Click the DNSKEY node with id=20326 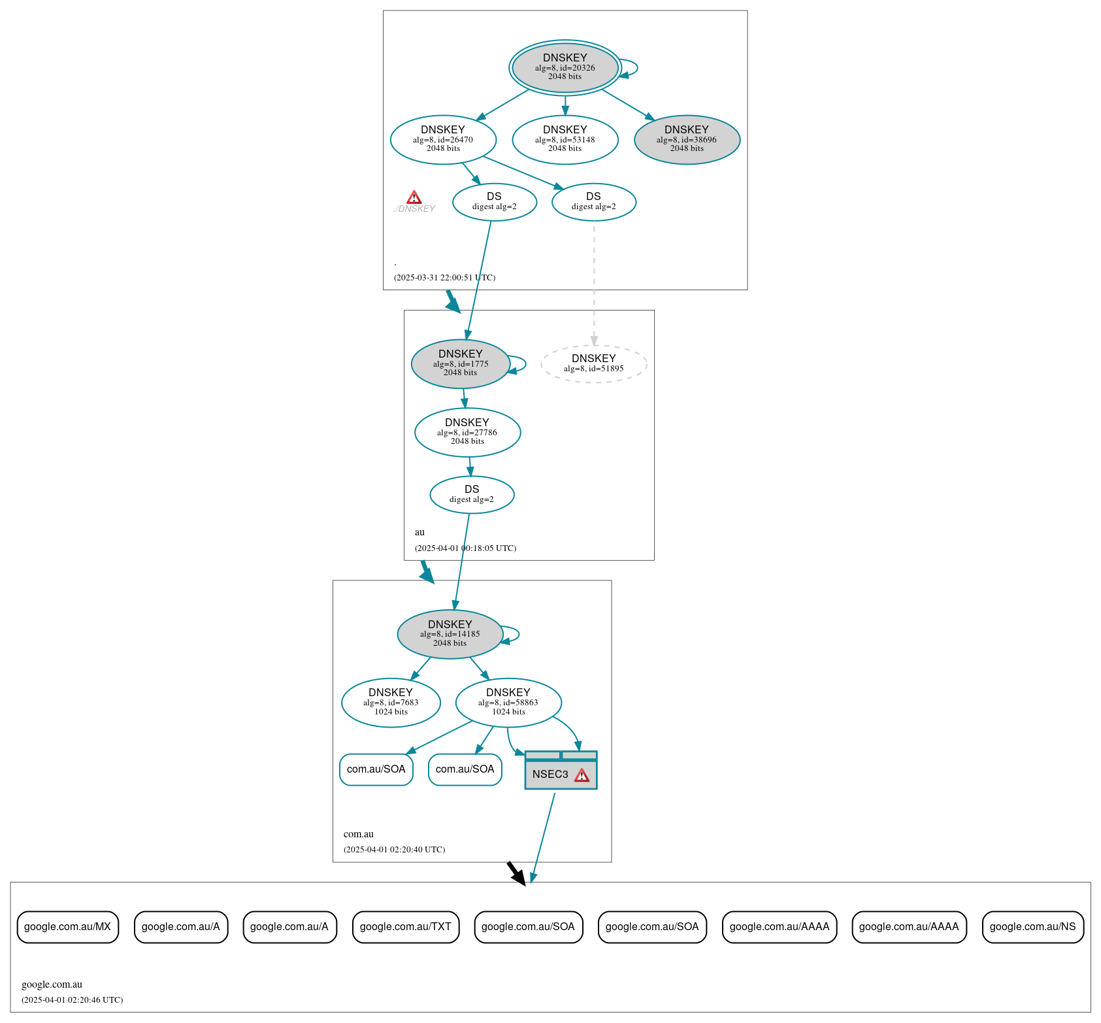point(565,67)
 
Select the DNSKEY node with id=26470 point(443,139)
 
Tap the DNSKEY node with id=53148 point(565,139)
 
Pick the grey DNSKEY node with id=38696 point(687,139)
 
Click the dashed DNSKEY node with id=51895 point(593,363)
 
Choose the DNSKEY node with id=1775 point(460,363)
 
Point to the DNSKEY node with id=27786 point(467,432)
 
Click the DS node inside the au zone point(472,495)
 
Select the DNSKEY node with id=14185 point(450,634)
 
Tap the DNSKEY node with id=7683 point(391,703)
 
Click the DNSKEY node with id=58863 point(508,703)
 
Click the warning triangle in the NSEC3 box point(582,775)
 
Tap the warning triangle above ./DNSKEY point(414,197)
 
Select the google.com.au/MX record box point(67,927)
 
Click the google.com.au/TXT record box point(405,927)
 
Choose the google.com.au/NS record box point(1032,927)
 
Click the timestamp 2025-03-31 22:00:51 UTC point(444,278)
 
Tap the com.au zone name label point(359,834)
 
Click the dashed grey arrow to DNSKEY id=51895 point(594,281)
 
